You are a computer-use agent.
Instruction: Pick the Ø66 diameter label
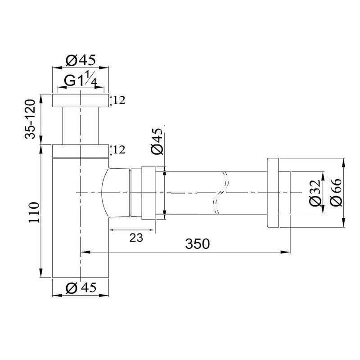pyautogui.click(x=336, y=193)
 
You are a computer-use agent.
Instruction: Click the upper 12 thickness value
pyautogui.click(x=119, y=100)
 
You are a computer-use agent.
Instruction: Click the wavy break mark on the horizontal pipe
pyautogui.click(x=220, y=193)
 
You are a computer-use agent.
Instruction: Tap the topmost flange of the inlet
pyautogui.click(x=81, y=100)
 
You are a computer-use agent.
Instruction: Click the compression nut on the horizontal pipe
pyautogui.click(x=148, y=193)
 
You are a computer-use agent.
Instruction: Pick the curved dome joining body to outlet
pyautogui.click(x=108, y=193)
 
